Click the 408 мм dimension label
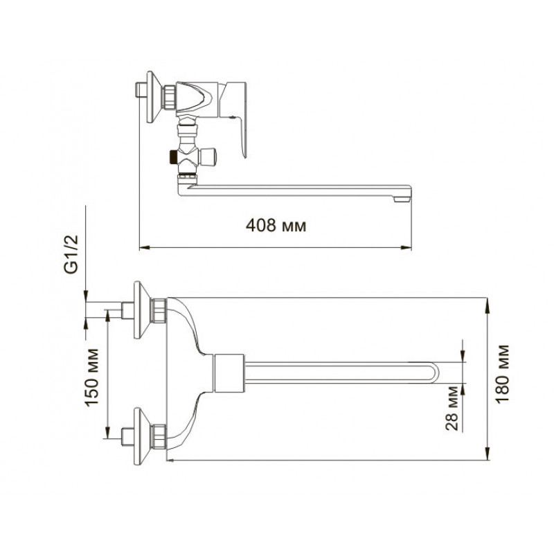(276, 225)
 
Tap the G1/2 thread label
(71, 254)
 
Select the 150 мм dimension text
(92, 377)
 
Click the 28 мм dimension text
(452, 409)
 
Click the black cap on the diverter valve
(173, 158)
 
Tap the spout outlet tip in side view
(402, 199)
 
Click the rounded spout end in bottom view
(434, 373)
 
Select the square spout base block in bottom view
(229, 373)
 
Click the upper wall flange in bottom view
(142, 310)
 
